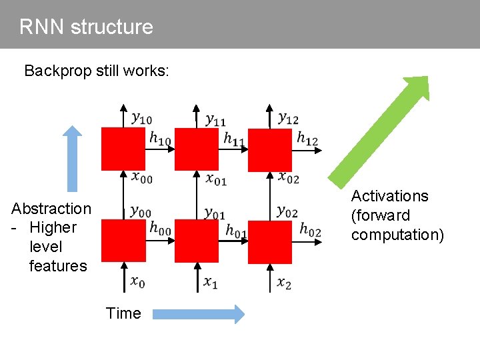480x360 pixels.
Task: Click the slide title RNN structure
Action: [86, 27]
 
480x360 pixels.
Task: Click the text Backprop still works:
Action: [97, 71]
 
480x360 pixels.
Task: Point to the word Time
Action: [123, 313]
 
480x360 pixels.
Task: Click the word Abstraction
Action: [51, 209]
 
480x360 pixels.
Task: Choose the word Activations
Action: [390, 196]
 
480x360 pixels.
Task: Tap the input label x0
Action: [138, 282]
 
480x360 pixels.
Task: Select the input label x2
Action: [285, 283]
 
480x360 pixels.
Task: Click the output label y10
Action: [141, 119]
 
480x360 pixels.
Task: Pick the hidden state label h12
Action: [307, 139]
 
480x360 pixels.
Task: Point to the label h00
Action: [160, 228]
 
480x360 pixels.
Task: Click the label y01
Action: [215, 213]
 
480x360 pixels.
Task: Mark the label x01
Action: [216, 178]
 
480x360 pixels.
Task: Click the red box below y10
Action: [123, 149]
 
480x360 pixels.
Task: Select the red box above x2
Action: [270, 241]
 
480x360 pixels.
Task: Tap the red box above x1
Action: [197, 241]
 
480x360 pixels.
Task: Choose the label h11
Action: [233, 139]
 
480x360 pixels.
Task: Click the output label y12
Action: [288, 118]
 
